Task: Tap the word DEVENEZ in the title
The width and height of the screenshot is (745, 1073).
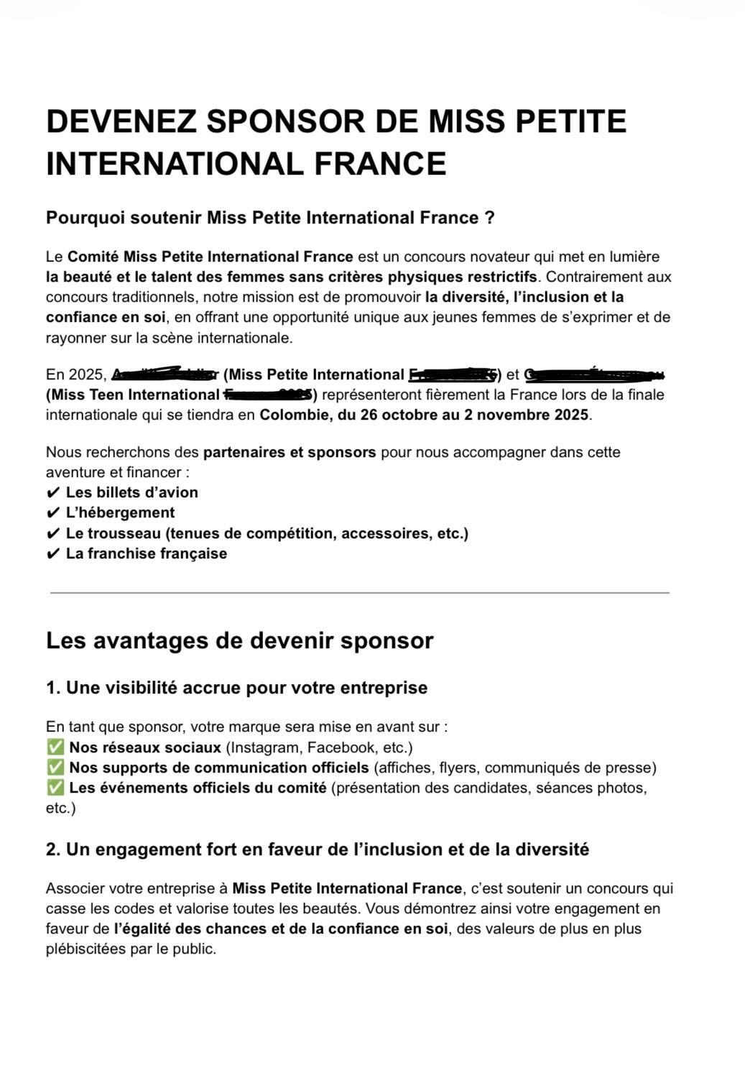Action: pyautogui.click(x=121, y=121)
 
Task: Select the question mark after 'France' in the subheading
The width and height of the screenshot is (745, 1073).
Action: pyautogui.click(x=489, y=218)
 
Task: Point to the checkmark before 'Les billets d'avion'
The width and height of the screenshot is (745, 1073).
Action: pyautogui.click(x=52, y=493)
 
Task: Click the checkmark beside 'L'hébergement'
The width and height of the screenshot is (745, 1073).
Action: pyautogui.click(x=52, y=513)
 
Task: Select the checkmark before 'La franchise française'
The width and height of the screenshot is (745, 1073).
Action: pyautogui.click(x=52, y=554)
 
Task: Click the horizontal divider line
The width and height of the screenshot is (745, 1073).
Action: pyautogui.click(x=359, y=593)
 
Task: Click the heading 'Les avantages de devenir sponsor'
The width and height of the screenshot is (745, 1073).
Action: pyautogui.click(x=239, y=640)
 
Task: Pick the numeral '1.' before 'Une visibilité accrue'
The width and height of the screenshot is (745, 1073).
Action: pyautogui.click(x=53, y=688)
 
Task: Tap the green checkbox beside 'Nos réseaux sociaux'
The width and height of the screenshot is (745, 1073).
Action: pyautogui.click(x=55, y=747)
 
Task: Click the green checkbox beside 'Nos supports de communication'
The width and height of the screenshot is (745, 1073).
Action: pyautogui.click(x=55, y=768)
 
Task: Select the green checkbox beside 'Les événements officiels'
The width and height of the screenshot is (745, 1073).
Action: pyautogui.click(x=55, y=788)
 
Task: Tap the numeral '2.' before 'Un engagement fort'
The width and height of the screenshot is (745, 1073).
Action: pyautogui.click(x=53, y=849)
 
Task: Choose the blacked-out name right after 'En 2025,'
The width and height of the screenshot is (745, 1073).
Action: pyautogui.click(x=165, y=374)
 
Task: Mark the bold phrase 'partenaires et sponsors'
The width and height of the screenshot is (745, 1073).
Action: pyautogui.click(x=290, y=452)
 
